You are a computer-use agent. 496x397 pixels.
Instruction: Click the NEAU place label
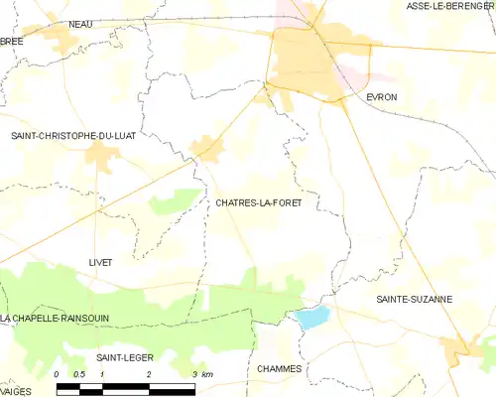[80, 23]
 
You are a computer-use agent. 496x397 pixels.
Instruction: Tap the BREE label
[12, 41]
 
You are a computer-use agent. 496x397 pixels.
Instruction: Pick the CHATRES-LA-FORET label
[258, 201]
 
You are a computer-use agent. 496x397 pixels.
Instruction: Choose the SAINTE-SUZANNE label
[414, 298]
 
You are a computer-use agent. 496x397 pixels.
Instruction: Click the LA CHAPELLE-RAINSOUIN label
[56, 318]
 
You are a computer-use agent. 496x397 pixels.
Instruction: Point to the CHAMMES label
[279, 368]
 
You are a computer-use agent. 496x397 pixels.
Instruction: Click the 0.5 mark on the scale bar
[80, 374]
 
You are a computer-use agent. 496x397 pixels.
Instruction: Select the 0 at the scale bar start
[58, 374]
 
